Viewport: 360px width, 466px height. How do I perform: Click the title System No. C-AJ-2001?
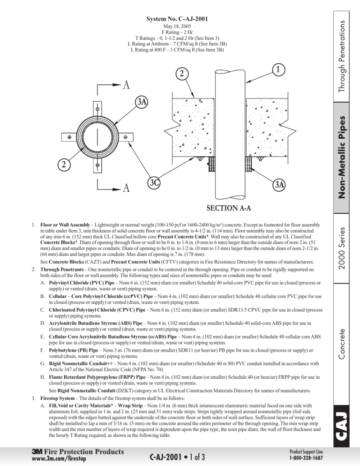pos(177,19)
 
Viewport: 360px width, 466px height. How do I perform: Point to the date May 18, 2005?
pos(177,26)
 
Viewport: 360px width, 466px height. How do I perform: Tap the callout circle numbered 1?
pos(278,70)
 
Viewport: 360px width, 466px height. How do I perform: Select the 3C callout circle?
pos(154,182)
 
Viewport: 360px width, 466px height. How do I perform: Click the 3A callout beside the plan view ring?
pos(142,102)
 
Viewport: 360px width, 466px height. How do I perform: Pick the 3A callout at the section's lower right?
pos(279,185)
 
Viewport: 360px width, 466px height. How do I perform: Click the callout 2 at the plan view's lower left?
pos(64,165)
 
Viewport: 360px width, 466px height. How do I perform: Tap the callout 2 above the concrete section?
pos(182,74)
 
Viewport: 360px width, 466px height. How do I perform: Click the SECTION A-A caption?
pos(229,208)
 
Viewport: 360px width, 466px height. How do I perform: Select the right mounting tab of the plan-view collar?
pos(125,137)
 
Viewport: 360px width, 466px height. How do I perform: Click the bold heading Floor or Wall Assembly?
pos(65,225)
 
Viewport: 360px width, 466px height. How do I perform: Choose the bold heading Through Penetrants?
pos(62,270)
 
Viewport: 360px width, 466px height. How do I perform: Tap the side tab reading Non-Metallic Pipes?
pos(342,157)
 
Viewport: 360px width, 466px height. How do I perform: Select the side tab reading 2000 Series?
pos(342,248)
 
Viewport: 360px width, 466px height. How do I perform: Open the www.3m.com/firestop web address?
pos(59,458)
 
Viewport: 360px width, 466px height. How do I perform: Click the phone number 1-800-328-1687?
pos(306,458)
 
